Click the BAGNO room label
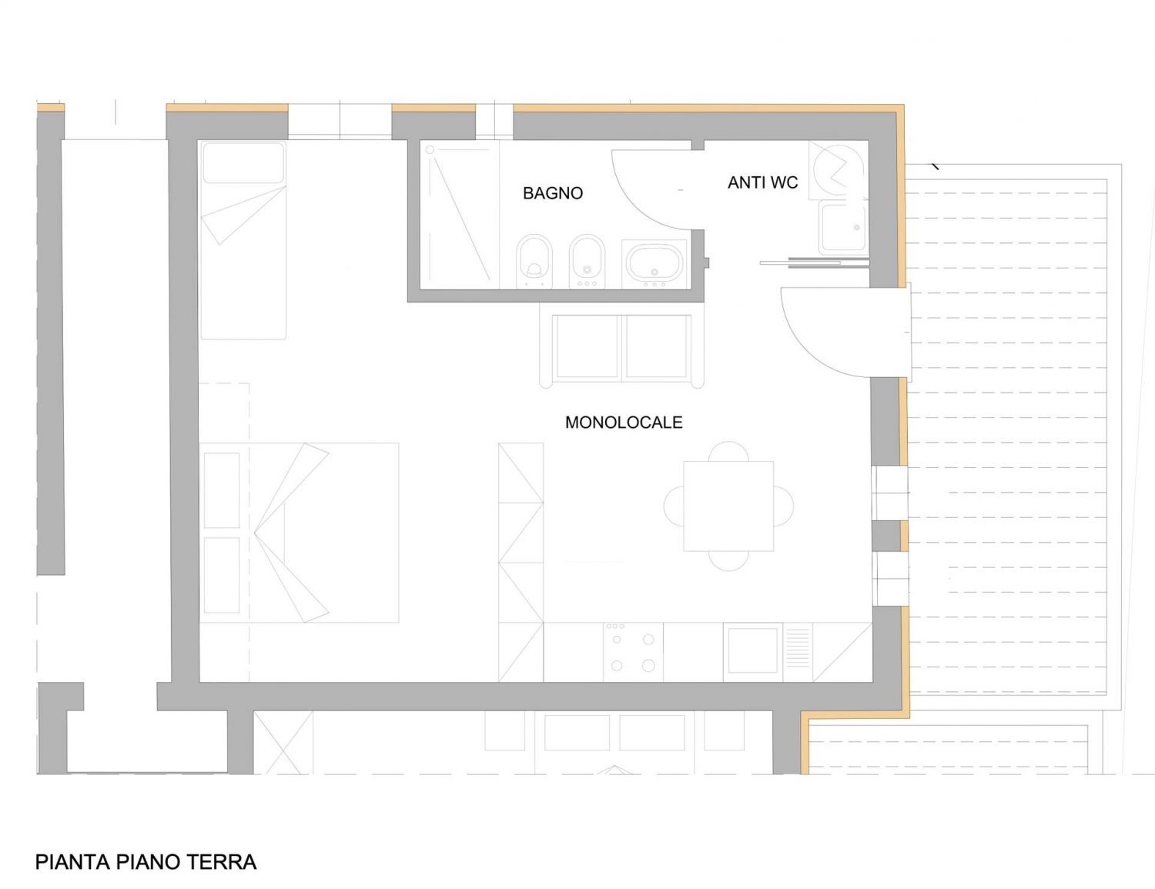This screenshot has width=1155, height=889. tap(553, 192)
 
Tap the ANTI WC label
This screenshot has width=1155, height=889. tap(763, 182)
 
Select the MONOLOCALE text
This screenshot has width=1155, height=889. tap(624, 423)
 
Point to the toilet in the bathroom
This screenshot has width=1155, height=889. tap(534, 261)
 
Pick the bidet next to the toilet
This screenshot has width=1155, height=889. tap(587, 261)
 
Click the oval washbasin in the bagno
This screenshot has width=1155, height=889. tap(654, 263)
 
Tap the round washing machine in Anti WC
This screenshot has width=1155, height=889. tap(839, 170)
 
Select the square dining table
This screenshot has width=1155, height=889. tap(728, 506)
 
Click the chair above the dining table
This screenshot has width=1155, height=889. tap(728, 451)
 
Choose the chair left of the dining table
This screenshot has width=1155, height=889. tap(674, 506)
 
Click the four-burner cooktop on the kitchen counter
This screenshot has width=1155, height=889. tap(633, 652)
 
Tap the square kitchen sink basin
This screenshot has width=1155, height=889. tap(752, 650)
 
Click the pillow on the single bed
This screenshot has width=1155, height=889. tap(243, 163)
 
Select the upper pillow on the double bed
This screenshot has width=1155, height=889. tap(222, 490)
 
